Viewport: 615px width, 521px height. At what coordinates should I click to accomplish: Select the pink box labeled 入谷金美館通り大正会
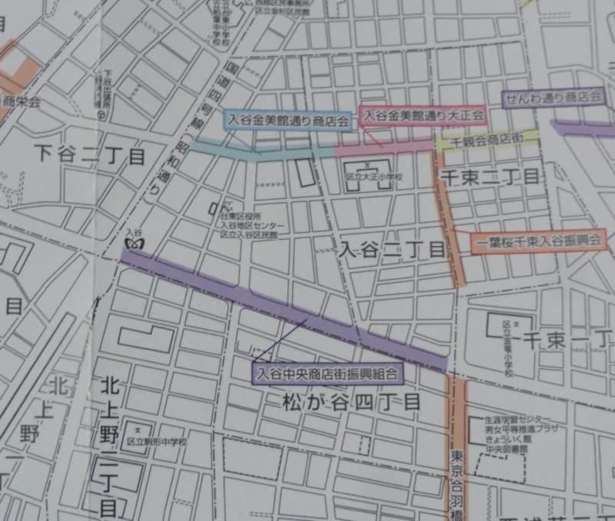pyautogui.click(x=423, y=115)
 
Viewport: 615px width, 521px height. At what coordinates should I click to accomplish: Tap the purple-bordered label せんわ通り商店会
pyautogui.click(x=552, y=98)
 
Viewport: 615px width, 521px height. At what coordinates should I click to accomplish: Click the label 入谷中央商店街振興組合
pyautogui.click(x=328, y=375)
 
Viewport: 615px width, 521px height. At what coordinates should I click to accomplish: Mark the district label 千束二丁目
pyautogui.click(x=490, y=176)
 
